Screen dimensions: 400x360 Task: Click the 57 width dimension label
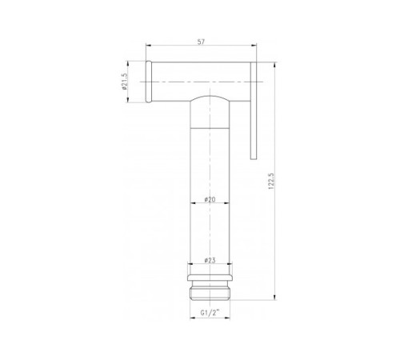[201, 42]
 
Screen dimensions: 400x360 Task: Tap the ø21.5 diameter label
[125, 82]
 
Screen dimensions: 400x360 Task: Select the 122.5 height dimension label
[271, 181]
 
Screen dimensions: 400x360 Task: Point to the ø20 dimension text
[210, 199]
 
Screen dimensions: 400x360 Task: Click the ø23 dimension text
[210, 260]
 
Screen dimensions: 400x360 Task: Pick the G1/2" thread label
[210, 312]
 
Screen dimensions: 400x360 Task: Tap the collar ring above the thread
[210, 278]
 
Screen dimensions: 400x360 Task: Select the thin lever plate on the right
[254, 110]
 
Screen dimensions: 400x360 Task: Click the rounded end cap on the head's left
[149, 82]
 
